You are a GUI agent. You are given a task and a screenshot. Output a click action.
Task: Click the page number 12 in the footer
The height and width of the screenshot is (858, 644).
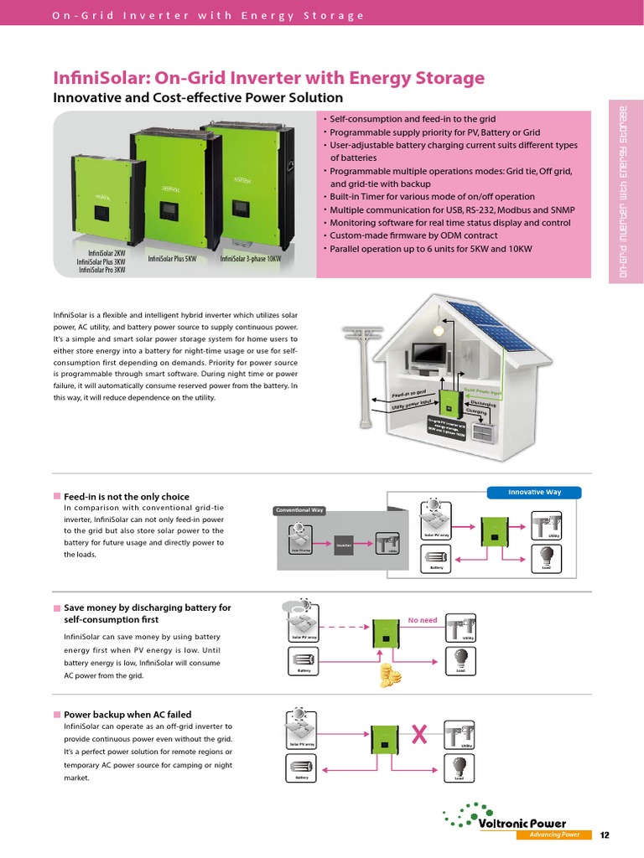coord(605,835)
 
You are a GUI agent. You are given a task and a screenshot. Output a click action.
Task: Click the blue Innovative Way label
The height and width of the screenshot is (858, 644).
coord(536,492)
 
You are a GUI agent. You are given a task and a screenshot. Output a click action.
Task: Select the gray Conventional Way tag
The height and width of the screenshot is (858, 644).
coord(299,510)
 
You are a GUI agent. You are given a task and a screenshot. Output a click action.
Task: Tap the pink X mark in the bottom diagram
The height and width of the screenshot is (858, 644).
coord(421,736)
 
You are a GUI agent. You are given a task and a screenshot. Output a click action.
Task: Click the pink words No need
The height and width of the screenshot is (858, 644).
coord(423,620)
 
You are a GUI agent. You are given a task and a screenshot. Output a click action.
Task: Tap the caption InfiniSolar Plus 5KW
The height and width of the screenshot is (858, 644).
coord(172,260)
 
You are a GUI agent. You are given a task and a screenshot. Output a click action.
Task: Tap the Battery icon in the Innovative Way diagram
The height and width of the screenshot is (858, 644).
coord(437,556)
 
